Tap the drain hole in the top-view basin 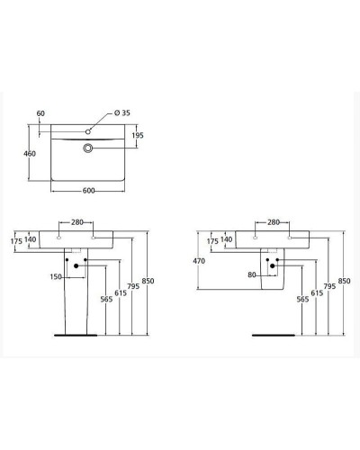[88, 147]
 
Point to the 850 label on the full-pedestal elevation [148, 282]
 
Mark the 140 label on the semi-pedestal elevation [226, 240]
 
